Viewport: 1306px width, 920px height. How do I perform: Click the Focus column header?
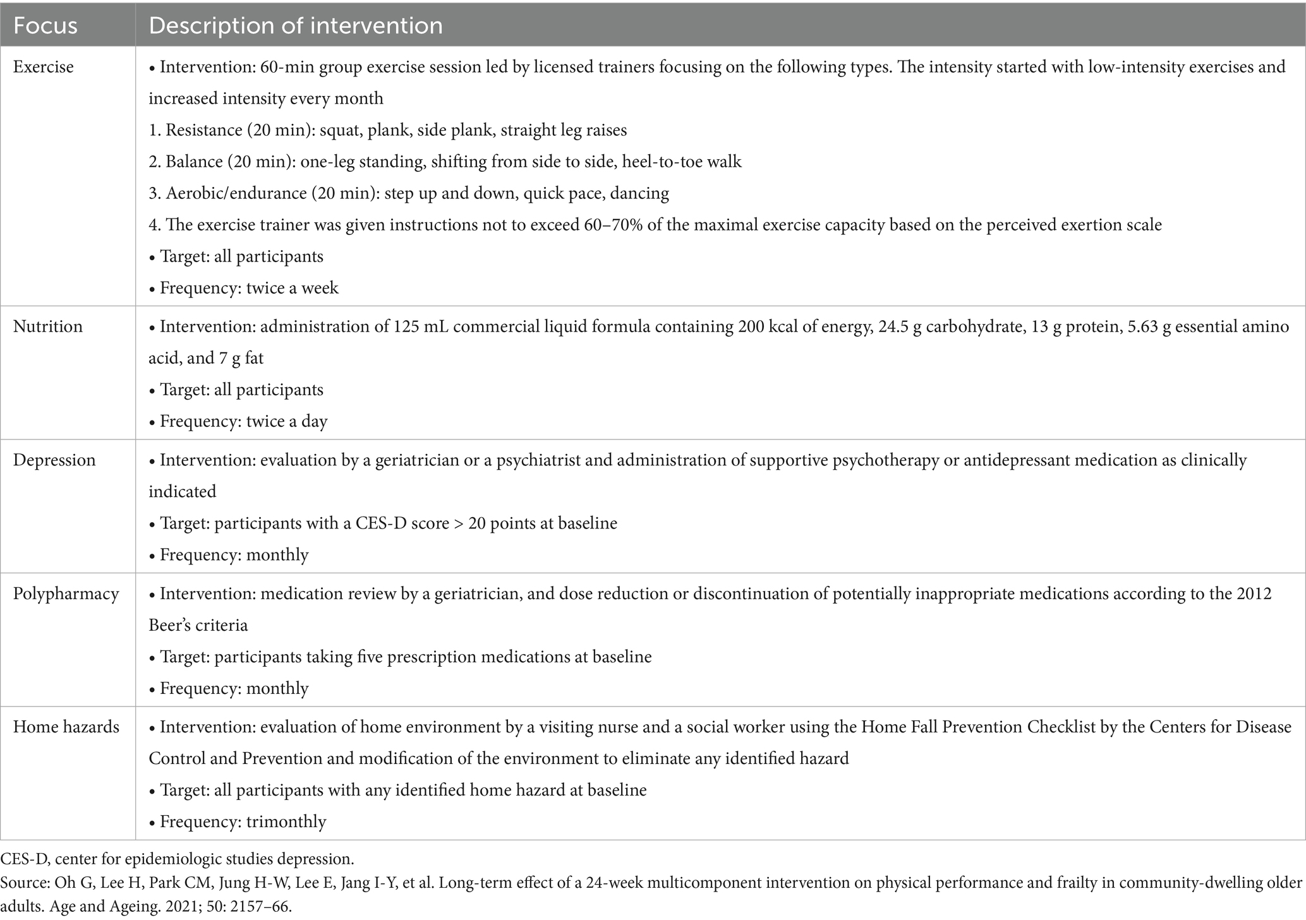45,25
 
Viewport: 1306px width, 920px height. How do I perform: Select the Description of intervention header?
295,25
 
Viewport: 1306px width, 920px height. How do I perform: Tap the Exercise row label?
43,66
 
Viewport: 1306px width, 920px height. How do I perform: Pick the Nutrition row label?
48,326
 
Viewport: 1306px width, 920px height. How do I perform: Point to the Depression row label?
54,460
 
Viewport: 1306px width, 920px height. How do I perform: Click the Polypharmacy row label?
66,594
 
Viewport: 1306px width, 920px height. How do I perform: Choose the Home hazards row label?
66,727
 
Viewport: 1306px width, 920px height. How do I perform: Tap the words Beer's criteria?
198,625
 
